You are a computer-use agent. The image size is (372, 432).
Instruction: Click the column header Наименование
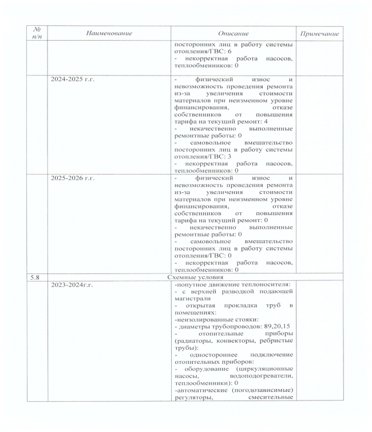click(x=108, y=34)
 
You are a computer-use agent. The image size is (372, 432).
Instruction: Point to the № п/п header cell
click(x=37, y=34)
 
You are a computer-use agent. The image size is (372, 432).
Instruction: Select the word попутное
click(x=192, y=284)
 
